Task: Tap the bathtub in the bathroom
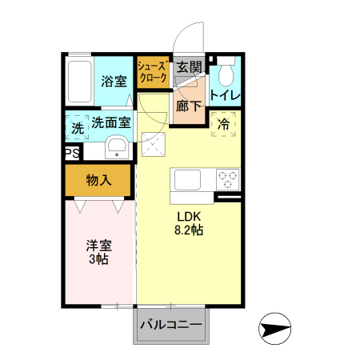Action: click(79, 79)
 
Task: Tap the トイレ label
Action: click(224, 95)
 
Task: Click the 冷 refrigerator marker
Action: click(224, 124)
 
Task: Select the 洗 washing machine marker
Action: click(77, 126)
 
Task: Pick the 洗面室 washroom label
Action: click(110, 122)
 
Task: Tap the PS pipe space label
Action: click(71, 153)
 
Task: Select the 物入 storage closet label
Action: click(98, 180)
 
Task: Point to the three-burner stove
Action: click(226, 179)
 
